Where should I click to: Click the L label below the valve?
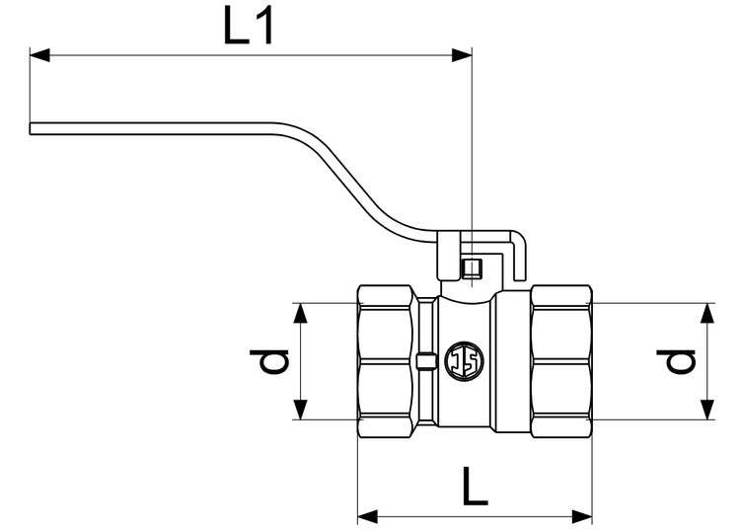click(x=475, y=488)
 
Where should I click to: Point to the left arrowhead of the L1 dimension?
click(x=39, y=55)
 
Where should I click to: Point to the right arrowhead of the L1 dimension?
click(x=463, y=55)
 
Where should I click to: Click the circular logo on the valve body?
click(x=464, y=360)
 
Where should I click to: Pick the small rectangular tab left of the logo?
click(x=425, y=360)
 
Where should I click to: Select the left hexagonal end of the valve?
click(x=386, y=361)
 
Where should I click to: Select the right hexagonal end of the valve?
click(x=561, y=361)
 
